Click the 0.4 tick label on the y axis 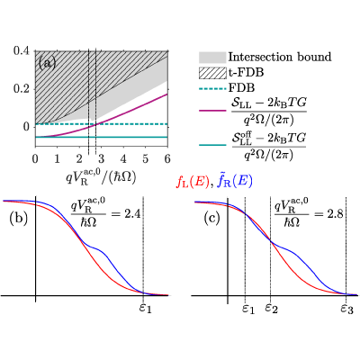pyautogui.click(x=22, y=50)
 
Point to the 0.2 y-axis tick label pyautogui.click(x=22, y=89)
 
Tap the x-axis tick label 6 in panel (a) pyautogui.click(x=167, y=158)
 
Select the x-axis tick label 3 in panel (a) pyautogui.click(x=102, y=158)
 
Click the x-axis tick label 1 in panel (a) pyautogui.click(x=58, y=158)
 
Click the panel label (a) pyautogui.click(x=47, y=63)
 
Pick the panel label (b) pyautogui.click(x=19, y=218)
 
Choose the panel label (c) pyautogui.click(x=211, y=218)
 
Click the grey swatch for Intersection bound pyautogui.click(x=212, y=57)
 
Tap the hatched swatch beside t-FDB pyautogui.click(x=212, y=73)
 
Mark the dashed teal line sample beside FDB pyautogui.click(x=212, y=88)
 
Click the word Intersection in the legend pyautogui.click(x=257, y=57)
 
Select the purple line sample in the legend pyautogui.click(x=212, y=111)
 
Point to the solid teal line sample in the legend pyautogui.click(x=212, y=145)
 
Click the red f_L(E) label pyautogui.click(x=192, y=183)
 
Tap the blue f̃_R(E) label pyautogui.click(x=234, y=182)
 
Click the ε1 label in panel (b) pyautogui.click(x=146, y=308)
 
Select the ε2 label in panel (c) pyautogui.click(x=272, y=308)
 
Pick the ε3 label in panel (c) pyautogui.click(x=347, y=308)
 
